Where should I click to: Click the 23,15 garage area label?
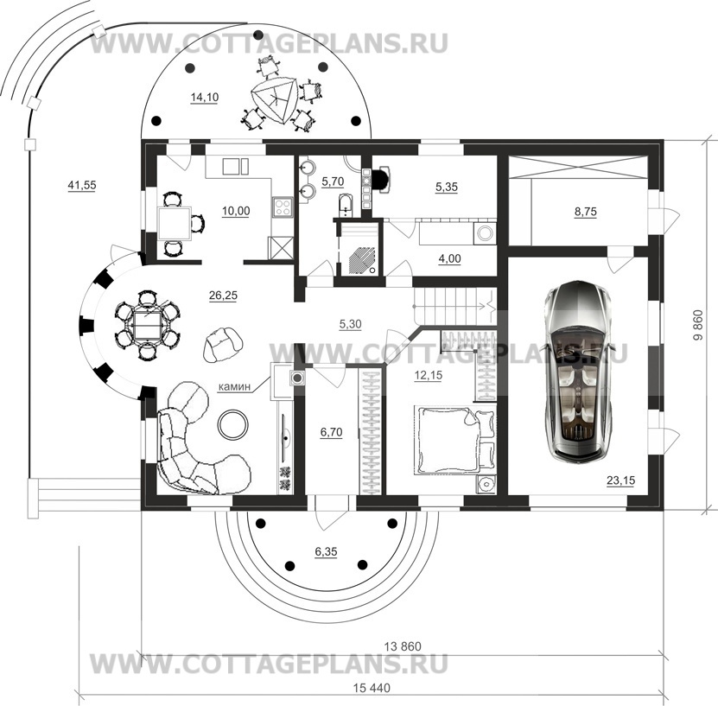coord(620,480)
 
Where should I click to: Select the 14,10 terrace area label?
coord(204,97)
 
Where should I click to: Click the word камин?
coord(234,387)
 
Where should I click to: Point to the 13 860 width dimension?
coord(403,646)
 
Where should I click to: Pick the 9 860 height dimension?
coord(697,326)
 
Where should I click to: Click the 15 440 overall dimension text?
coord(372,688)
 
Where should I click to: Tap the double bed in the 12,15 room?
coord(455,440)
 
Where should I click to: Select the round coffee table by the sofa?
coord(233,424)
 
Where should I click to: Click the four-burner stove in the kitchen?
coord(283,207)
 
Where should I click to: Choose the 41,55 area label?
coord(82,185)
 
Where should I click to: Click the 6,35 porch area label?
coord(326,551)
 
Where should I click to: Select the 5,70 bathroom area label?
coord(333,181)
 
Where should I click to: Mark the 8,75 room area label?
coord(586,212)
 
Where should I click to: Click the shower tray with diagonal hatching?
coord(362,261)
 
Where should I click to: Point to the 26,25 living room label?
coord(223,296)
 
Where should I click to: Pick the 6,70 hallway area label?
coord(331,432)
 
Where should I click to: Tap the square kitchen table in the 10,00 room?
coord(175,224)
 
